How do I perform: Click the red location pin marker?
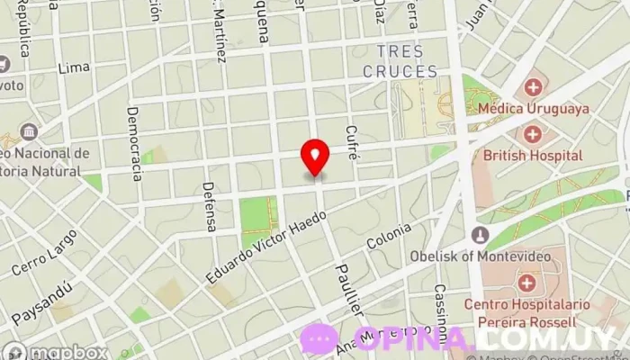pyautogui.click(x=315, y=157)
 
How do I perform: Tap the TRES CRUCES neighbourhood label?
pyautogui.click(x=400, y=61)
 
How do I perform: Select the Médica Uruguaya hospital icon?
pyautogui.click(x=533, y=88)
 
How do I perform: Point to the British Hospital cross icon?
pyautogui.click(x=532, y=135)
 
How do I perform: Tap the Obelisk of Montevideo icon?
pyautogui.click(x=480, y=236)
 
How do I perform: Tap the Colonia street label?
pyautogui.click(x=389, y=236)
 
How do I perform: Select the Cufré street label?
pyautogui.click(x=353, y=142)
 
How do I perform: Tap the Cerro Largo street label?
pyautogui.click(x=44, y=253)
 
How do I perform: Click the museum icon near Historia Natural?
pyautogui.click(x=29, y=132)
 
